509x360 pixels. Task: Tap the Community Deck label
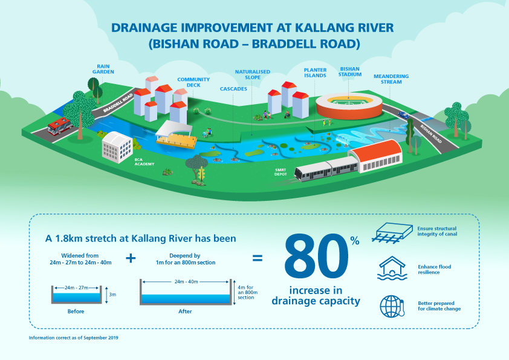193,82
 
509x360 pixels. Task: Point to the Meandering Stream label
391,79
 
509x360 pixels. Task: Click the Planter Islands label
315,73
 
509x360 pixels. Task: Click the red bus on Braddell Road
59,125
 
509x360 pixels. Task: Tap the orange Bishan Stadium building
349,106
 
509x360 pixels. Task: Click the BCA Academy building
117,145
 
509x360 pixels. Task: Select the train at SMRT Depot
326,169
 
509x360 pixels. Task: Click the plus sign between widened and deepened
131,258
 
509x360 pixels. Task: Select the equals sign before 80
258,258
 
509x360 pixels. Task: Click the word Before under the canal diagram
76,312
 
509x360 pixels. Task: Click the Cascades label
233,89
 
